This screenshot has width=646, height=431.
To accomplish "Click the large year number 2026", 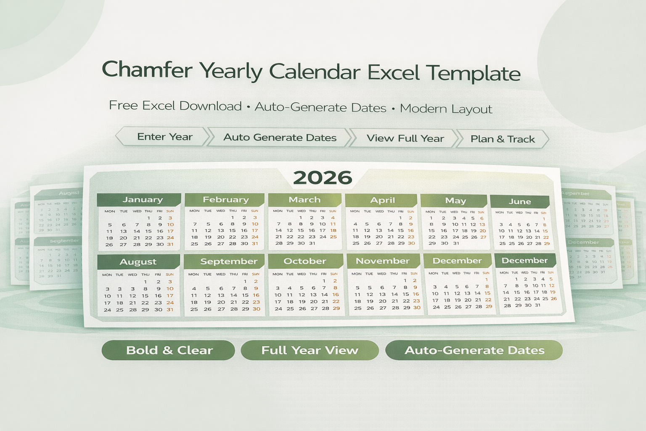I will point(323,178).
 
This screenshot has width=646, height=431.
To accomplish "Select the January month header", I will point(142,200).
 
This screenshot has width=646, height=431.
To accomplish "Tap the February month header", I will point(225,200).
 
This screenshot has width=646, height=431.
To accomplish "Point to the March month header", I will point(304,200).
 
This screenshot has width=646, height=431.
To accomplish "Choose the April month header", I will point(382,200).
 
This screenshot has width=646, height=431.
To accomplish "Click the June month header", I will point(520,201).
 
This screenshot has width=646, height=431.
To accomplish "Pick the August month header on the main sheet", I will point(138,261).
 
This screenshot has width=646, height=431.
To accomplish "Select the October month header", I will point(305,261).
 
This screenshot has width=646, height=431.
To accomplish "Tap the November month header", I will point(382,261).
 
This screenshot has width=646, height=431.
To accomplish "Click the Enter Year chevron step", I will point(164,137).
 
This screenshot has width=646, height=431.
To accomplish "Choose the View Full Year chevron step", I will point(405,138).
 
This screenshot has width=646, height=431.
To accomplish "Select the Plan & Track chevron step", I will point(503,139).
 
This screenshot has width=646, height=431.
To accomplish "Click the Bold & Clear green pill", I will point(169,350).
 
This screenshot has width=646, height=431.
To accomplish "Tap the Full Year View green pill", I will point(310,350).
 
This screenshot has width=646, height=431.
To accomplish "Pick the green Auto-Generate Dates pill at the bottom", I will point(474,350).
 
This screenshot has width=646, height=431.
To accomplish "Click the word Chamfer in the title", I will point(147,69).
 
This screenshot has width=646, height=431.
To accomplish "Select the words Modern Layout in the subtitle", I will point(446,109).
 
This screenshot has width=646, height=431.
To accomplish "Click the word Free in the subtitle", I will point(123,105).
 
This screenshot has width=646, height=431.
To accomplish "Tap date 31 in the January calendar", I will point(170,244).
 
